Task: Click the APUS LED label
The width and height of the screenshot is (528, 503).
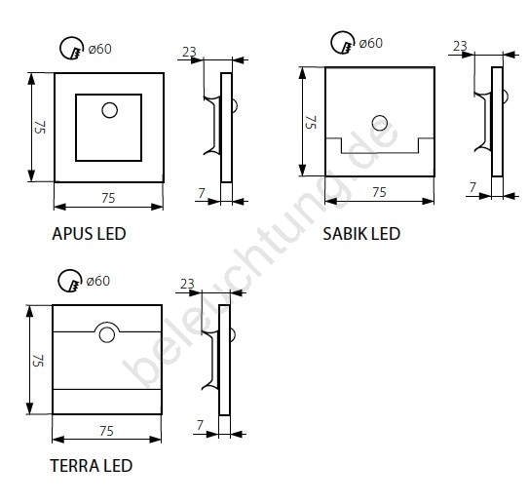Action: click(89, 234)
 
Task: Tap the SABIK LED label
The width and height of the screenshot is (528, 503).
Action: click(361, 234)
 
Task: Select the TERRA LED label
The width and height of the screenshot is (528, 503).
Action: click(92, 466)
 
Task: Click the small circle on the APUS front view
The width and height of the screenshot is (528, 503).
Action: click(109, 110)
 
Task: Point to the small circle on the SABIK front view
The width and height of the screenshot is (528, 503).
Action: click(380, 123)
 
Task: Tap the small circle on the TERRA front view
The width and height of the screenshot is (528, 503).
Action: click(107, 335)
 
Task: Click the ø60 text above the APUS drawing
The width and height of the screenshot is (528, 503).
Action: click(99, 49)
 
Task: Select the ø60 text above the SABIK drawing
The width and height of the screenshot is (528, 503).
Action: click(371, 44)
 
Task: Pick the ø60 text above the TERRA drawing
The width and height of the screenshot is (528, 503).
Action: click(98, 281)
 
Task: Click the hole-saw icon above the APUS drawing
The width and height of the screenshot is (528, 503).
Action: click(72, 48)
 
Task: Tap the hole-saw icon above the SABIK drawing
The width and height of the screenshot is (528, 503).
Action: click(343, 43)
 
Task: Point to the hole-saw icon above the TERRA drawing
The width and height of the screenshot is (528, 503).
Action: click(70, 281)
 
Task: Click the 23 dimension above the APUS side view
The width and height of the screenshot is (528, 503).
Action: click(189, 52)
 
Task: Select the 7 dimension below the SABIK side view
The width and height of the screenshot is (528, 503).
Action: click(472, 187)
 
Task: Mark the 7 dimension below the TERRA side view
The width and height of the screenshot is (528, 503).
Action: click(200, 425)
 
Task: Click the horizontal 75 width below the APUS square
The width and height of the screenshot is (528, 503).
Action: click(108, 198)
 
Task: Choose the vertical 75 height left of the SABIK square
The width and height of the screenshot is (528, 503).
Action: click(311, 122)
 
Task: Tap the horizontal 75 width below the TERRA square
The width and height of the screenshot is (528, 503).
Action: click(106, 431)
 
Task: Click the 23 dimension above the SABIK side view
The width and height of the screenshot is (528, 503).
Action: click(460, 46)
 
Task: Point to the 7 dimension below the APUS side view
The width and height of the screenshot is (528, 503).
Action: click(202, 193)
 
